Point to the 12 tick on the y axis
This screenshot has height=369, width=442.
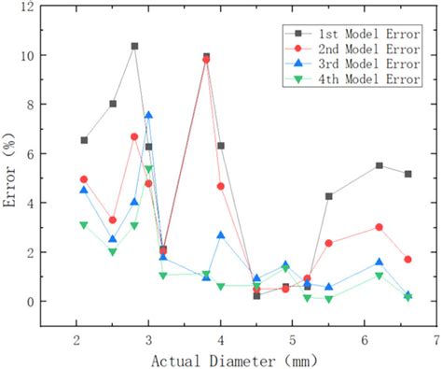(x=36, y=7)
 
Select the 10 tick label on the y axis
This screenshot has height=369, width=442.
(x=36, y=55)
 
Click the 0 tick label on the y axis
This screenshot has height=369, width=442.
(x=40, y=302)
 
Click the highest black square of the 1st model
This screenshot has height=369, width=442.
(x=134, y=46)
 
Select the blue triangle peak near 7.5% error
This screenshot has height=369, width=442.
(x=148, y=116)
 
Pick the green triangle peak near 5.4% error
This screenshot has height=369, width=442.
(x=148, y=169)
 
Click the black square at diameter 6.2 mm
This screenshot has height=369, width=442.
(x=379, y=165)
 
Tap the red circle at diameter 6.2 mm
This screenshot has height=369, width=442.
(x=379, y=227)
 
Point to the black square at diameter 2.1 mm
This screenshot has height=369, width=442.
(x=84, y=140)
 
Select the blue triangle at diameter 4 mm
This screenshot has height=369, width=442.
(x=221, y=235)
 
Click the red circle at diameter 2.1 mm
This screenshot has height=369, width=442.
(x=84, y=179)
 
